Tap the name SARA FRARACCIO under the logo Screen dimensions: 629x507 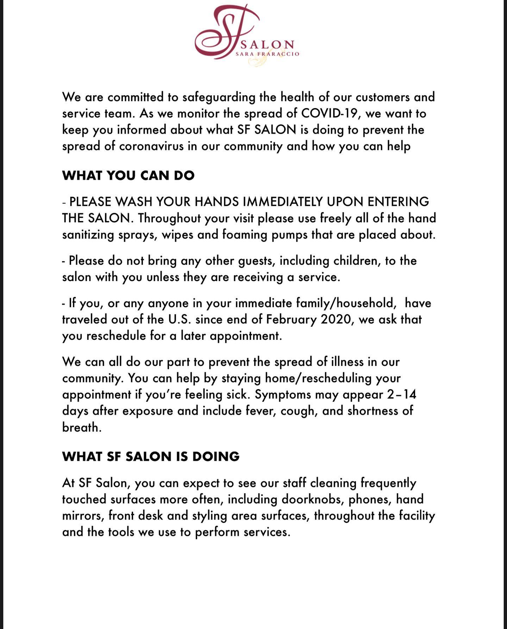coord(268,54)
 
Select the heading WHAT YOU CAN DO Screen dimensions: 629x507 coord(128,176)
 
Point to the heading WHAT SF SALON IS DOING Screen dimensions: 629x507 coord(151,456)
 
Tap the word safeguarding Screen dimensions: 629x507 coord(219,97)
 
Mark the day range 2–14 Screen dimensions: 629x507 coord(402,394)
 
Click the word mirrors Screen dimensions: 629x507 coord(82,516)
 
